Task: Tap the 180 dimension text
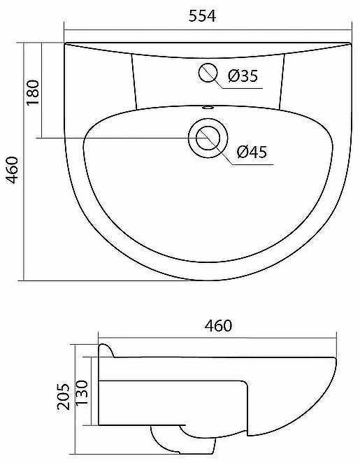click(x=32, y=92)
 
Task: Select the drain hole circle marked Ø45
click(x=206, y=137)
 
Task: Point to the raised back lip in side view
click(x=106, y=349)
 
